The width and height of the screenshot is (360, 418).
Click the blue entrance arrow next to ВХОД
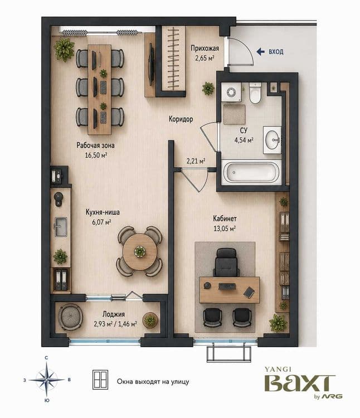(x=260, y=52)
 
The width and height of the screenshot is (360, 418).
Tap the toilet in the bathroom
(x=255, y=93)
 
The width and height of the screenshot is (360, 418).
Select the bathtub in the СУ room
(x=251, y=172)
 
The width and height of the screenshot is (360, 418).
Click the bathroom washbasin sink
(x=273, y=140)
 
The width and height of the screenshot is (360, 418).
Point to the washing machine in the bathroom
(x=231, y=92)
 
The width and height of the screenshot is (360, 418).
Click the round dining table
(x=140, y=251)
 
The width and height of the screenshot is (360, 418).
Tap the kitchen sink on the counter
(x=61, y=227)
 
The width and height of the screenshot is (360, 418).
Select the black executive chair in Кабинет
(x=226, y=263)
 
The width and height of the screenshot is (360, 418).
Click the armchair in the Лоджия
(x=70, y=317)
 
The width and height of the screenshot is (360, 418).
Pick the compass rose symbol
(x=47, y=380)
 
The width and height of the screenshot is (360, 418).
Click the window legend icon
(x=100, y=380)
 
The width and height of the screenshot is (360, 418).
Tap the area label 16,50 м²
(x=96, y=155)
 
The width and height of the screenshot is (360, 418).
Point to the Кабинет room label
(x=225, y=218)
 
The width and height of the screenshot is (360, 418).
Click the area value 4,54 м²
(x=244, y=140)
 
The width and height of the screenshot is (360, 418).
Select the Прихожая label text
(x=205, y=48)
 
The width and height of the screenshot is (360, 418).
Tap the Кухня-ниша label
(x=103, y=212)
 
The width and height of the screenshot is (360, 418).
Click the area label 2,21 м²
(x=196, y=161)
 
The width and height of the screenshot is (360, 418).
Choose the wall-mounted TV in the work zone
(x=152, y=64)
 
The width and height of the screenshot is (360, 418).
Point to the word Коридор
(x=181, y=119)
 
